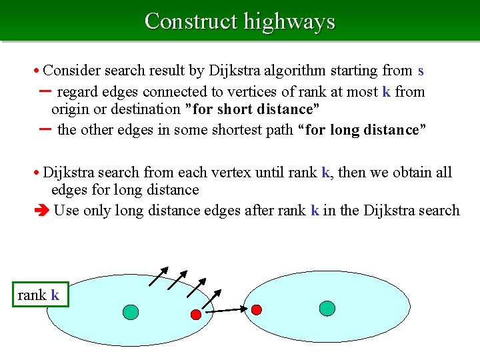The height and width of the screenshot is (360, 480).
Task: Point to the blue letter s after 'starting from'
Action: click(x=421, y=70)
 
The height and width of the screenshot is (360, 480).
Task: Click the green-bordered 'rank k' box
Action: click(x=39, y=295)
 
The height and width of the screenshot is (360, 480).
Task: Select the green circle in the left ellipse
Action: click(x=131, y=312)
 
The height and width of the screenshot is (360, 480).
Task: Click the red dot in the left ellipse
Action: click(x=196, y=314)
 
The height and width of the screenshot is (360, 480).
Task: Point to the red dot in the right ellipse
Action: click(x=256, y=309)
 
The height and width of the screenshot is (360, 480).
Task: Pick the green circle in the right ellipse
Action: click(x=327, y=307)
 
